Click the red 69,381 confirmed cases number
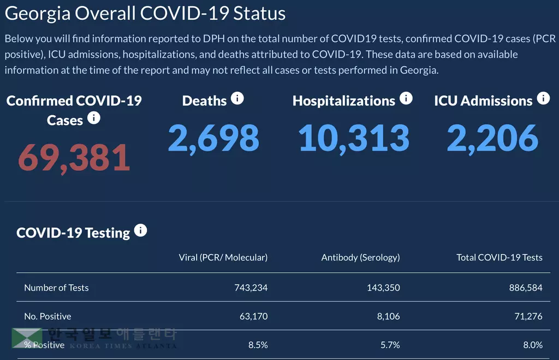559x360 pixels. tap(74, 157)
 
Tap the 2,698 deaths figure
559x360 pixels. tap(213, 138)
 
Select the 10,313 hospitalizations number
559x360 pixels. tap(354, 138)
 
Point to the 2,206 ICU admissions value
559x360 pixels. tap(492, 138)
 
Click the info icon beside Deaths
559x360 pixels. tap(237, 98)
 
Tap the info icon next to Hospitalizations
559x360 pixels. tap(406, 98)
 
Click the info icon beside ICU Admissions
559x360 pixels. tap(543, 98)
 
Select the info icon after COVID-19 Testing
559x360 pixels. tap(140, 231)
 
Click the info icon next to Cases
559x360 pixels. tap(94, 117)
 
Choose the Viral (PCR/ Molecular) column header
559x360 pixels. tap(223, 257)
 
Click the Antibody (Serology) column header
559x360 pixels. tap(360, 257)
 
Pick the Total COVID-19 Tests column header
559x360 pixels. tap(499, 257)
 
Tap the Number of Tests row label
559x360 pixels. tap(56, 288)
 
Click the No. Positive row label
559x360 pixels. tap(47, 316)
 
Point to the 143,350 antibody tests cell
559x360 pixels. tap(383, 288)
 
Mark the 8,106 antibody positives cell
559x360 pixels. tap(388, 316)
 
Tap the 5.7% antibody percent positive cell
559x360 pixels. tap(390, 345)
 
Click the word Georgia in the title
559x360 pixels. tap(37, 13)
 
